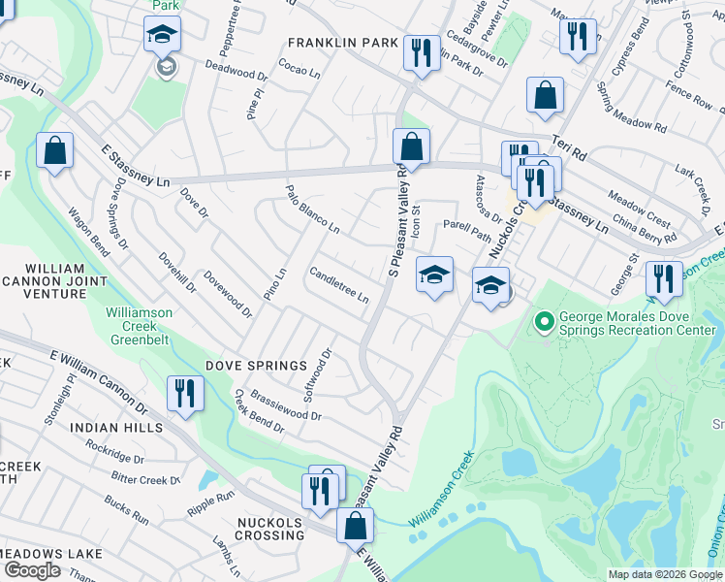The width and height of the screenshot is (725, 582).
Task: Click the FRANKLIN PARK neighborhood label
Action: [342, 43]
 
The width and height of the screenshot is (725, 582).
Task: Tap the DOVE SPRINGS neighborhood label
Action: [250, 367]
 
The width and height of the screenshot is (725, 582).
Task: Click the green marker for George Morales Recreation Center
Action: [544, 319]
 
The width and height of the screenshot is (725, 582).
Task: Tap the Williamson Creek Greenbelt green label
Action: [139, 326]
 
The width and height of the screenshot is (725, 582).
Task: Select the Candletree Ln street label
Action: [339, 284]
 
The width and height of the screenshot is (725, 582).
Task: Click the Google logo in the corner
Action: [32, 570]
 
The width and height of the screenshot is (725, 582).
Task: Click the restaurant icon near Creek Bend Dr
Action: [184, 393]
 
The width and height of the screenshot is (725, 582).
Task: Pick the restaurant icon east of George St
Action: [663, 278]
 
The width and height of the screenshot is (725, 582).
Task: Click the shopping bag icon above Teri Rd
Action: [545, 95]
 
